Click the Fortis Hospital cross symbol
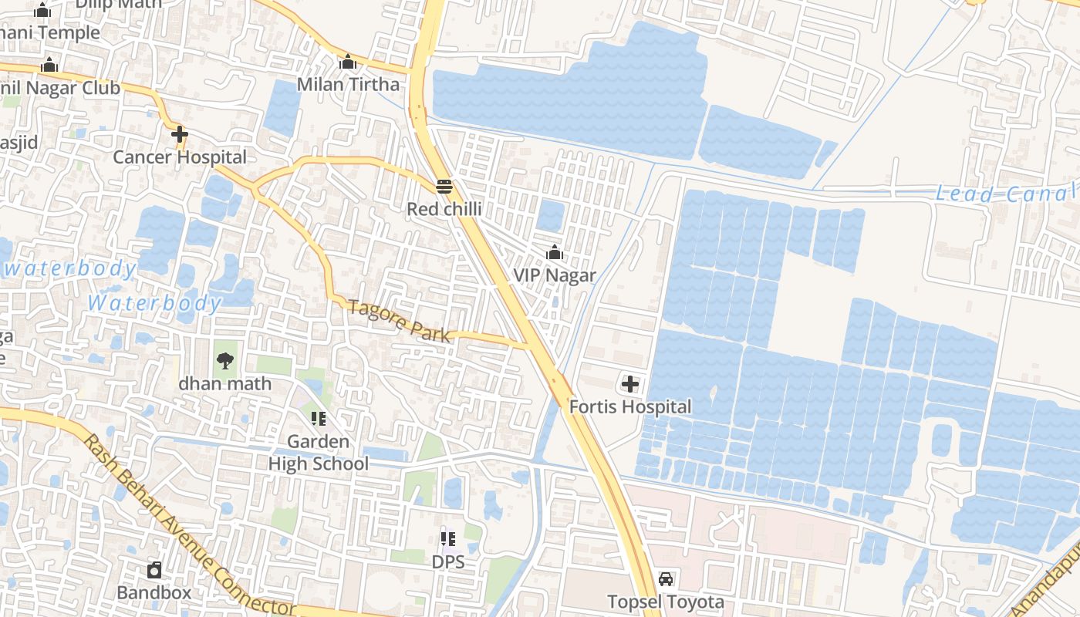tap(630, 383)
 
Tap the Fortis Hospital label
tap(630, 406)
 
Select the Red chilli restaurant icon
tap(444, 186)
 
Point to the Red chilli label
tap(444, 209)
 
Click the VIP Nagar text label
tap(555, 275)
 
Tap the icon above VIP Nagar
tap(554, 252)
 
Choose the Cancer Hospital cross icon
tap(180, 134)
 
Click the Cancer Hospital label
tap(180, 157)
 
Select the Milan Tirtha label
tap(349, 84)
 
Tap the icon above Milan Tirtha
tap(348, 62)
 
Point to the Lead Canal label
tap(1006, 194)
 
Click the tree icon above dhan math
tap(224, 359)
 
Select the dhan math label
tap(225, 383)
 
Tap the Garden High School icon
tap(318, 419)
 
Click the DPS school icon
tap(447, 538)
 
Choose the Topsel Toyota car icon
tap(665, 578)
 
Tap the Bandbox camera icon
tap(154, 571)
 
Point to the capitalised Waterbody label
tap(154, 303)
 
